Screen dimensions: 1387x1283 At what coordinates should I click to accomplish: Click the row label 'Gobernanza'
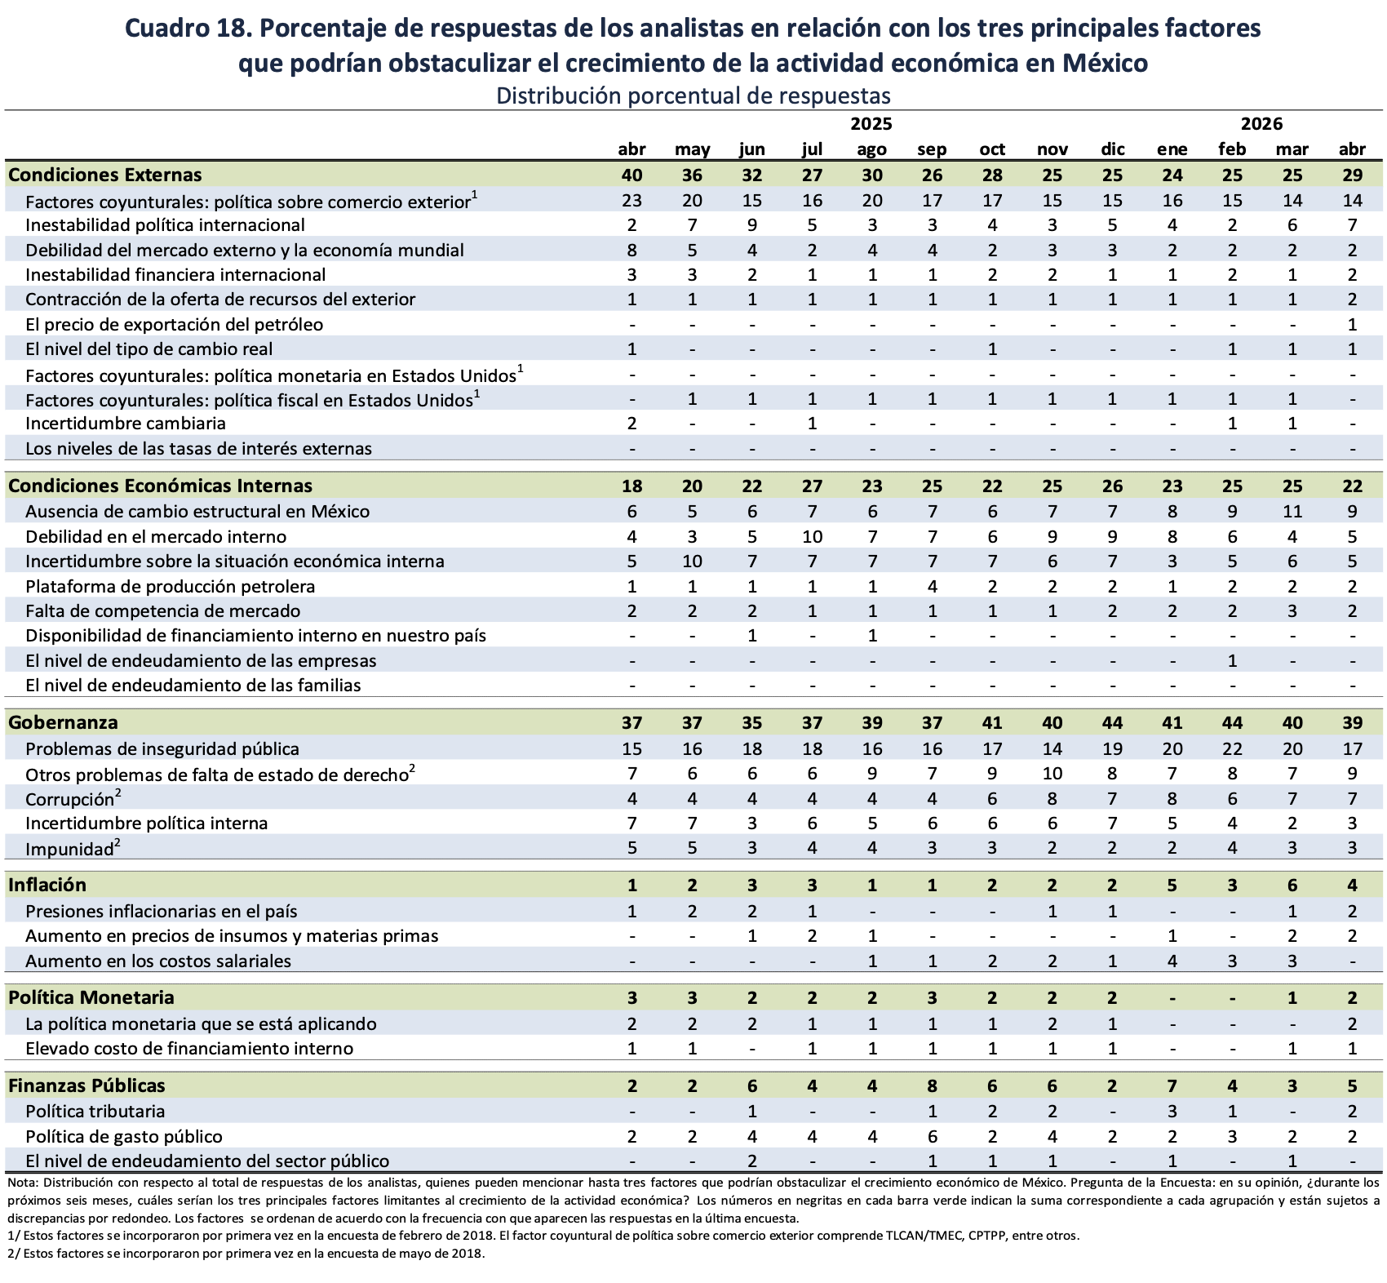[63, 722]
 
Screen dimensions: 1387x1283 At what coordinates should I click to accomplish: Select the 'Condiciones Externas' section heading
[105, 175]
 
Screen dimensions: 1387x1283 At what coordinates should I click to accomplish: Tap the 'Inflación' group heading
[47, 885]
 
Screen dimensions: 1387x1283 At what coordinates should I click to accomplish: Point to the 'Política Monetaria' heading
[91, 997]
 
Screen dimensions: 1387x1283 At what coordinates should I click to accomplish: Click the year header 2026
[1261, 124]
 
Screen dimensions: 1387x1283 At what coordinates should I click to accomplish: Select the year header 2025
[871, 124]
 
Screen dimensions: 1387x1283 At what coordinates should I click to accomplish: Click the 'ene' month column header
[1172, 149]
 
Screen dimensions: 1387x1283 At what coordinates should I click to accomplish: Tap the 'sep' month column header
[932, 149]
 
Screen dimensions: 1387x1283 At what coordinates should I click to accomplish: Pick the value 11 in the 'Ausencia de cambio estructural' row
[1292, 512]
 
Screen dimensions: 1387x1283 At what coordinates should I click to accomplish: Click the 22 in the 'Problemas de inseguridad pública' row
[1232, 749]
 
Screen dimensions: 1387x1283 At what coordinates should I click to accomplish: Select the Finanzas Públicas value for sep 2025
[932, 1085]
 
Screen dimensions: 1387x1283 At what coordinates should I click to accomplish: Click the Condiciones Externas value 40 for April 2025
[631, 175]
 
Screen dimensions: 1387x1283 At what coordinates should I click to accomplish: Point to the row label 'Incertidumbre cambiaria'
[126, 424]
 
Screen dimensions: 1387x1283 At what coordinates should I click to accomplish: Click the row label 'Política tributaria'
[95, 1112]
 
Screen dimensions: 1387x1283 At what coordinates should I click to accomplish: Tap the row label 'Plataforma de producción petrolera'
[171, 587]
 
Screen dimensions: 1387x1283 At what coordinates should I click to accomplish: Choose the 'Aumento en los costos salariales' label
[158, 961]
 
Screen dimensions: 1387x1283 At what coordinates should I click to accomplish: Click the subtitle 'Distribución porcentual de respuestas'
[693, 95]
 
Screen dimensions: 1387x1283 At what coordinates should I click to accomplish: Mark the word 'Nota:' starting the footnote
[22, 1183]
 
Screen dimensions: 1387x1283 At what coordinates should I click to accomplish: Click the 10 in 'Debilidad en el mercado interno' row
[812, 537]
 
